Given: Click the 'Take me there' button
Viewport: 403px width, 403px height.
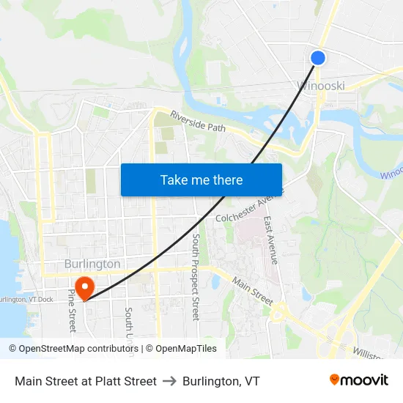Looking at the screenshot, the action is [x=202, y=180].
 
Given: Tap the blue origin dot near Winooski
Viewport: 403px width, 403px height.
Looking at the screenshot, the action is [x=317, y=58].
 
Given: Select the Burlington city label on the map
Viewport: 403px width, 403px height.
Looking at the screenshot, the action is [x=92, y=264].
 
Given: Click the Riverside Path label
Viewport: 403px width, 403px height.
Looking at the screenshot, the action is [x=197, y=122].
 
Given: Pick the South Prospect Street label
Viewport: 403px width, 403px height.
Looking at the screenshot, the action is [x=196, y=277].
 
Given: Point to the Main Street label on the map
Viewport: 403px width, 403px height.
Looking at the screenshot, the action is [x=252, y=291].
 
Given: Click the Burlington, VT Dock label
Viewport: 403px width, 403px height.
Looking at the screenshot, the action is [x=26, y=299].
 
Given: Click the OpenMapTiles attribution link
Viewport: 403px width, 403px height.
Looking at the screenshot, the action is [x=181, y=349].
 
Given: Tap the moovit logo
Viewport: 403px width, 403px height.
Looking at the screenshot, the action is [x=359, y=380].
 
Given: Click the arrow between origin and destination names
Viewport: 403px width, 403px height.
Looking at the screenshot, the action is [x=169, y=381].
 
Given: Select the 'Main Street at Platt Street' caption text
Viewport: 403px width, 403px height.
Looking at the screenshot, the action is [x=86, y=381].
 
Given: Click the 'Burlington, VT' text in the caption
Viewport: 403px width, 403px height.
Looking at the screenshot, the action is [x=221, y=381].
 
